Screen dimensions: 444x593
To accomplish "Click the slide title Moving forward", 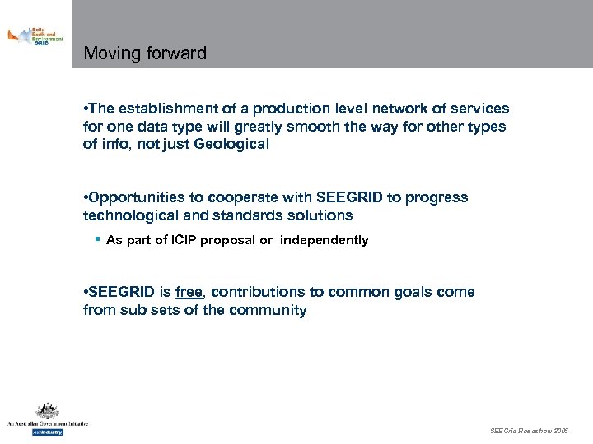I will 145,54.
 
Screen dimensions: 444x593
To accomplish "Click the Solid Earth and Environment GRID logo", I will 35,36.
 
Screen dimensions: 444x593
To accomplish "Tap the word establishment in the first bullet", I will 166,109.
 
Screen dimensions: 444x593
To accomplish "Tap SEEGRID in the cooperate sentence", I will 348,198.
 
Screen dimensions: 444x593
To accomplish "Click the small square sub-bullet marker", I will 97,239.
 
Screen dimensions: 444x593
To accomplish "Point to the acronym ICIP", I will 184,241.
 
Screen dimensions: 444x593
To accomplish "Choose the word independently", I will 324,241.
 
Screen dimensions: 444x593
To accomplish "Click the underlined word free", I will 189,293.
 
